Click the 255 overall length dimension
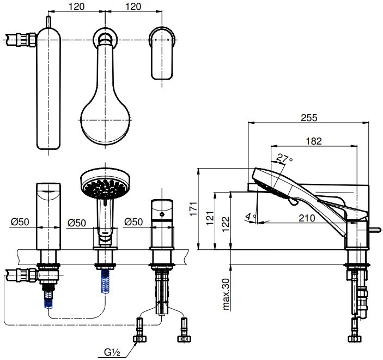(x=308, y=117)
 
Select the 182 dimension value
(x=314, y=141)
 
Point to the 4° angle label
(x=250, y=217)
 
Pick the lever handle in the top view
(x=162, y=52)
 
